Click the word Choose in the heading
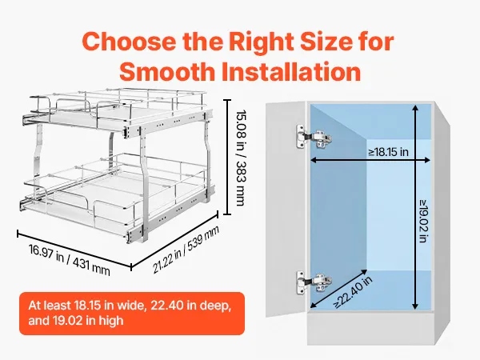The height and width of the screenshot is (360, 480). coord(129,42)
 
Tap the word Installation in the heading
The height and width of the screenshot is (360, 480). coord(291,72)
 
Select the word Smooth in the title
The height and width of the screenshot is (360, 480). coord(167,72)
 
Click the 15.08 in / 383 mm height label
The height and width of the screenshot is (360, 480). coord(241,158)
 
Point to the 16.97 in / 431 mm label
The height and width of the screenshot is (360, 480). coord(69,260)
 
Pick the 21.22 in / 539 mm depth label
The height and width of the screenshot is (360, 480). coord(186,250)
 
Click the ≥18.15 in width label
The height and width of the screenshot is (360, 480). coord(388,151)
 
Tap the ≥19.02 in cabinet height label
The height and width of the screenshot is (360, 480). coord(423,221)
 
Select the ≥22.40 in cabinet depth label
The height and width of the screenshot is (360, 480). coord(353,292)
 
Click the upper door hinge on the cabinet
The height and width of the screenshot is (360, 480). coord(314,137)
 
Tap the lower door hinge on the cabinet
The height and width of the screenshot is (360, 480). coord(314,282)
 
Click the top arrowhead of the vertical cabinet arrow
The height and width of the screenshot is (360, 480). coord(415,108)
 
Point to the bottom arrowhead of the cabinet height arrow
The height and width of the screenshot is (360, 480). coord(415,306)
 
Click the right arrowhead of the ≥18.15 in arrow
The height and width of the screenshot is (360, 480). coord(426,160)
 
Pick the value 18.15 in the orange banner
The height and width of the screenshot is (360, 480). coord(87,306)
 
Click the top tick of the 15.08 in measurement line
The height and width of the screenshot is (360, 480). coord(227,100)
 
